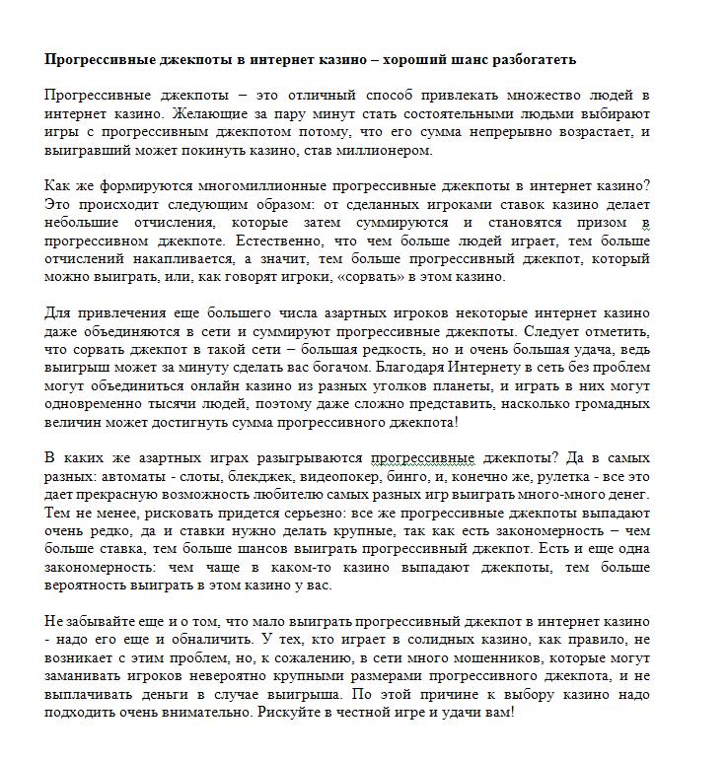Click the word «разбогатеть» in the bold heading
[x=530, y=60]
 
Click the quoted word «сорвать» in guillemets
[x=358, y=277]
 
